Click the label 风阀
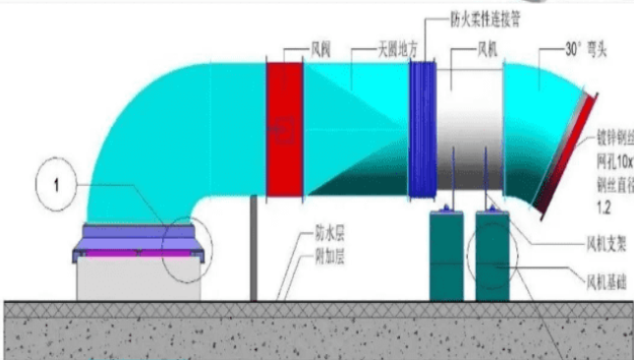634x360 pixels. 296,47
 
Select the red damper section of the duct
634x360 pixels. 285,129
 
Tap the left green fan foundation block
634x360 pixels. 448,255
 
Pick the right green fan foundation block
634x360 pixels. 495,255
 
